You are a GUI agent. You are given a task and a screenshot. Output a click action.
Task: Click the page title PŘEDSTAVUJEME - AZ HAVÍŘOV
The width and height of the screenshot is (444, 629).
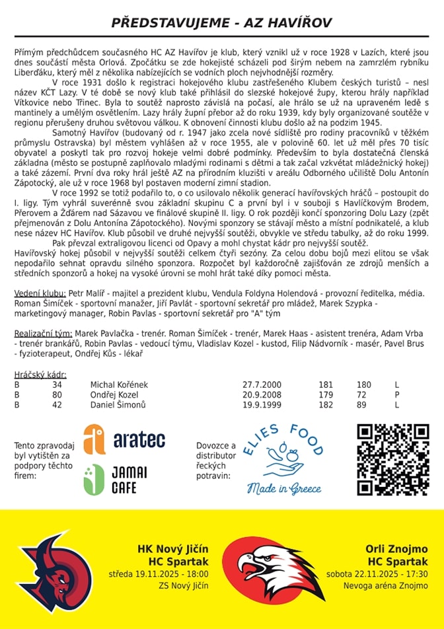pyautogui.click(x=221, y=22)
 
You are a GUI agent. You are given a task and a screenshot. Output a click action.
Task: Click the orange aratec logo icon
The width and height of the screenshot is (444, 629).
pyautogui.click(x=94, y=439)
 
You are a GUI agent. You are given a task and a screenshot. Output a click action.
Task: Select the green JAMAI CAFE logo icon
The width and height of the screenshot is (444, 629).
pyautogui.click(x=93, y=480)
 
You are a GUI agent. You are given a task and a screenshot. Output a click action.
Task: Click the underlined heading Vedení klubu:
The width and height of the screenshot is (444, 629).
pyautogui.click(x=40, y=293)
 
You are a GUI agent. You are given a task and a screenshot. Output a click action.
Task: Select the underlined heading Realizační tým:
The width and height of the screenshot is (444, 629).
pyautogui.click(x=44, y=334)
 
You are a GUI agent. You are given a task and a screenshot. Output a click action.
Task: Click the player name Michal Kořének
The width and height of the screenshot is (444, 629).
pyautogui.click(x=120, y=385)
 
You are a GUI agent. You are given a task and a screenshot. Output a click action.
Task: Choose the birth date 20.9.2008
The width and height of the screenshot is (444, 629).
pyautogui.click(x=262, y=394)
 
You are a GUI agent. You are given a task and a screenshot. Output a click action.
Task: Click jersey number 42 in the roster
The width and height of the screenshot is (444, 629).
pyautogui.click(x=57, y=404)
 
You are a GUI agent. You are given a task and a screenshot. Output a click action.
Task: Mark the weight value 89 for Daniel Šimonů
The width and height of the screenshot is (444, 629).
pyautogui.click(x=361, y=404)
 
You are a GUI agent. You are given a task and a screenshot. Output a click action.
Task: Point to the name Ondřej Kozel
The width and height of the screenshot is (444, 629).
pyautogui.click(x=115, y=394)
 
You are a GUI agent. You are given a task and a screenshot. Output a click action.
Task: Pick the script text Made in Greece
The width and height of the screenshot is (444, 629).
pyautogui.click(x=284, y=489)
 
